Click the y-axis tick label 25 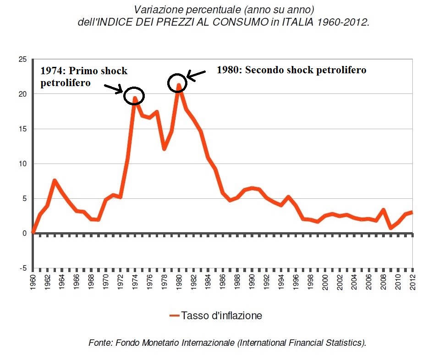click(x=21, y=60)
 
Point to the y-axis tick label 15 click(x=21, y=129)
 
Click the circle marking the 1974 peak click(x=134, y=95)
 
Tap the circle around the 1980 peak click(x=177, y=82)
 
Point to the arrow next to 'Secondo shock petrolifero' click(x=197, y=76)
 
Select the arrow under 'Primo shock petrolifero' click(x=114, y=88)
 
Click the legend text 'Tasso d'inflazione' click(x=221, y=316)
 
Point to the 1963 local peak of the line click(x=55, y=180)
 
